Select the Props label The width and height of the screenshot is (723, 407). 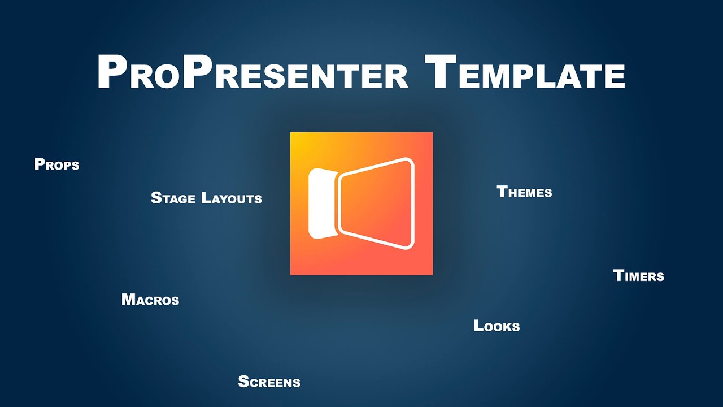pyautogui.click(x=57, y=164)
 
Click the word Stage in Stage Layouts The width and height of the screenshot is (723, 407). pyautogui.click(x=173, y=198)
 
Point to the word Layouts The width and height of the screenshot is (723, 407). pyautogui.click(x=232, y=198)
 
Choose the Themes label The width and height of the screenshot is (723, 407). pyautogui.click(x=524, y=192)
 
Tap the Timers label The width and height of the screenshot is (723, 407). pyautogui.click(x=638, y=276)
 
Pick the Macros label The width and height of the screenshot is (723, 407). pyautogui.click(x=150, y=300)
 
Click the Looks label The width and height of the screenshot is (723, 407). pyautogui.click(x=496, y=326)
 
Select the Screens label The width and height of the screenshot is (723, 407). pyautogui.click(x=269, y=382)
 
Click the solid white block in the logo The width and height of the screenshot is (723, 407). pyautogui.click(x=320, y=203)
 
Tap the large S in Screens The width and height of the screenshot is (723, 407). pyautogui.click(x=243, y=382)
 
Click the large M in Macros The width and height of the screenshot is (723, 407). pyautogui.click(x=129, y=299)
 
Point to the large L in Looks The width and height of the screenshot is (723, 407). pyautogui.click(x=478, y=326)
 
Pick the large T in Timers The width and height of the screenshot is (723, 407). pyautogui.click(x=618, y=275)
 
